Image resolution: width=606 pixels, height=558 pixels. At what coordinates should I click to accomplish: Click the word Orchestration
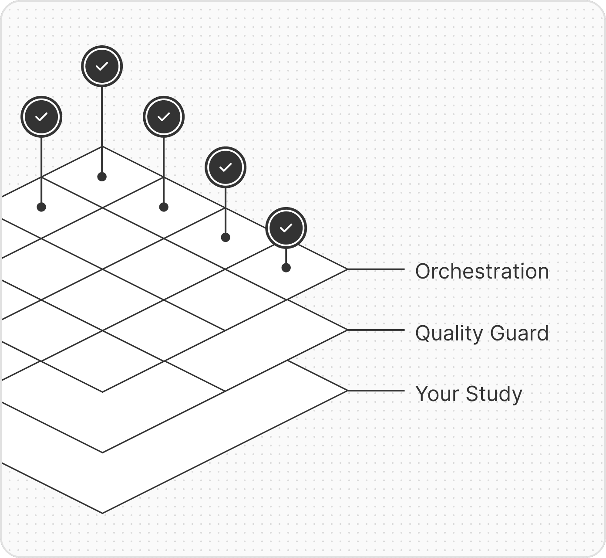[x=482, y=271]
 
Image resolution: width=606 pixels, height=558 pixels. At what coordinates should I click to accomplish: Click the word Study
[x=494, y=394]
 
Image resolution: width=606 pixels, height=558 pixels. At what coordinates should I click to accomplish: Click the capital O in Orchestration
[x=423, y=271]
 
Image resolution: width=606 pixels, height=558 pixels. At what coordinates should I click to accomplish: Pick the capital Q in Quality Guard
[x=423, y=333]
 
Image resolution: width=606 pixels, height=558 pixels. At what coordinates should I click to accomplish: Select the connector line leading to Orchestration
[x=376, y=269]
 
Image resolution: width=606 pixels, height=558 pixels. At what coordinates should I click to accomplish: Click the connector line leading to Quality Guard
[x=376, y=330]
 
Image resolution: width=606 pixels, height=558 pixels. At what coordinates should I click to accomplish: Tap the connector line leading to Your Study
[x=376, y=391]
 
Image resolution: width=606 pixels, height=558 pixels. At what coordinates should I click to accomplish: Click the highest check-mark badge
[x=102, y=66]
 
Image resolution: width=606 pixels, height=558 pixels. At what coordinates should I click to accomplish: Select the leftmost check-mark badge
[x=41, y=117]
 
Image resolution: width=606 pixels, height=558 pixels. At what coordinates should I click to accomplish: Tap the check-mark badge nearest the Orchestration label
[x=286, y=228]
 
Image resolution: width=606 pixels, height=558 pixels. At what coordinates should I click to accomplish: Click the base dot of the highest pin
[x=102, y=177]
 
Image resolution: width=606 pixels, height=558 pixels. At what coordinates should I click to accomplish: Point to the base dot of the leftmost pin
[x=41, y=207]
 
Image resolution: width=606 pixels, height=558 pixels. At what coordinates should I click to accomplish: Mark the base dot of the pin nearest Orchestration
[x=286, y=268]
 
